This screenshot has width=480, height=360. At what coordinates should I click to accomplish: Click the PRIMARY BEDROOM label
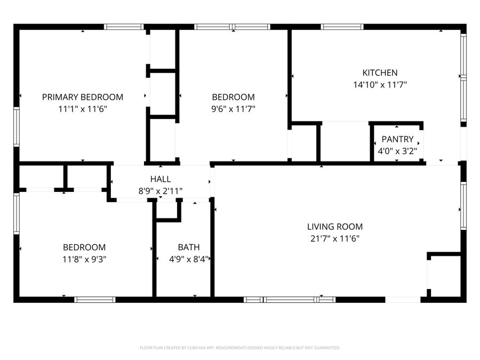(83, 97)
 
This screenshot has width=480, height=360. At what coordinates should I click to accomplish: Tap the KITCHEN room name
(380, 73)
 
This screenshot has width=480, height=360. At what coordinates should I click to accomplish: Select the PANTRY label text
(397, 139)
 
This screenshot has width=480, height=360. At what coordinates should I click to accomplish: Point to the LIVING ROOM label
(335, 227)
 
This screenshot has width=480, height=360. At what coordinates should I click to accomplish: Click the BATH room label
(189, 247)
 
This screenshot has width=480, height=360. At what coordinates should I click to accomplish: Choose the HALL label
(161, 179)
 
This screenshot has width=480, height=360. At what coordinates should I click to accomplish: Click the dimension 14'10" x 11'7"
(380, 84)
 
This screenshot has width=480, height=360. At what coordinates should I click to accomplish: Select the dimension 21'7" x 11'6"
(335, 238)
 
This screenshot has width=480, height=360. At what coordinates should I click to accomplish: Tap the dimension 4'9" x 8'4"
(189, 259)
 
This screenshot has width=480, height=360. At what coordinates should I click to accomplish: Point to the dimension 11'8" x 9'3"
(84, 259)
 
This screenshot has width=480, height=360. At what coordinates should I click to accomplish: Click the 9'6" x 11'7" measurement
(233, 109)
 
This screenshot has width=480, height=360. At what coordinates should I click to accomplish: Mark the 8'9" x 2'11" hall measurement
(161, 191)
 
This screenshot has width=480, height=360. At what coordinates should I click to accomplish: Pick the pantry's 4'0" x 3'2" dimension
(397, 151)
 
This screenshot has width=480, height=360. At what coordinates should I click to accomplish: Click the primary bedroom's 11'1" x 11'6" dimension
(83, 109)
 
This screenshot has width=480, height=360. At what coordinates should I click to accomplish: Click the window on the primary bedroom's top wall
(124, 27)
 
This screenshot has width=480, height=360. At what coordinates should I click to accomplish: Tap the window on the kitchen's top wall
(342, 27)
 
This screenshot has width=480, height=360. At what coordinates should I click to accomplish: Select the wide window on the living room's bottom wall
(290, 299)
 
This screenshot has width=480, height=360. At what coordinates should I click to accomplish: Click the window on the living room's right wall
(463, 206)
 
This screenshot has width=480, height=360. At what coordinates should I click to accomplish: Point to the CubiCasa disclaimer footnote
(239, 348)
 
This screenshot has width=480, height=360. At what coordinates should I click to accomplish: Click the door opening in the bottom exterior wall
(403, 299)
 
